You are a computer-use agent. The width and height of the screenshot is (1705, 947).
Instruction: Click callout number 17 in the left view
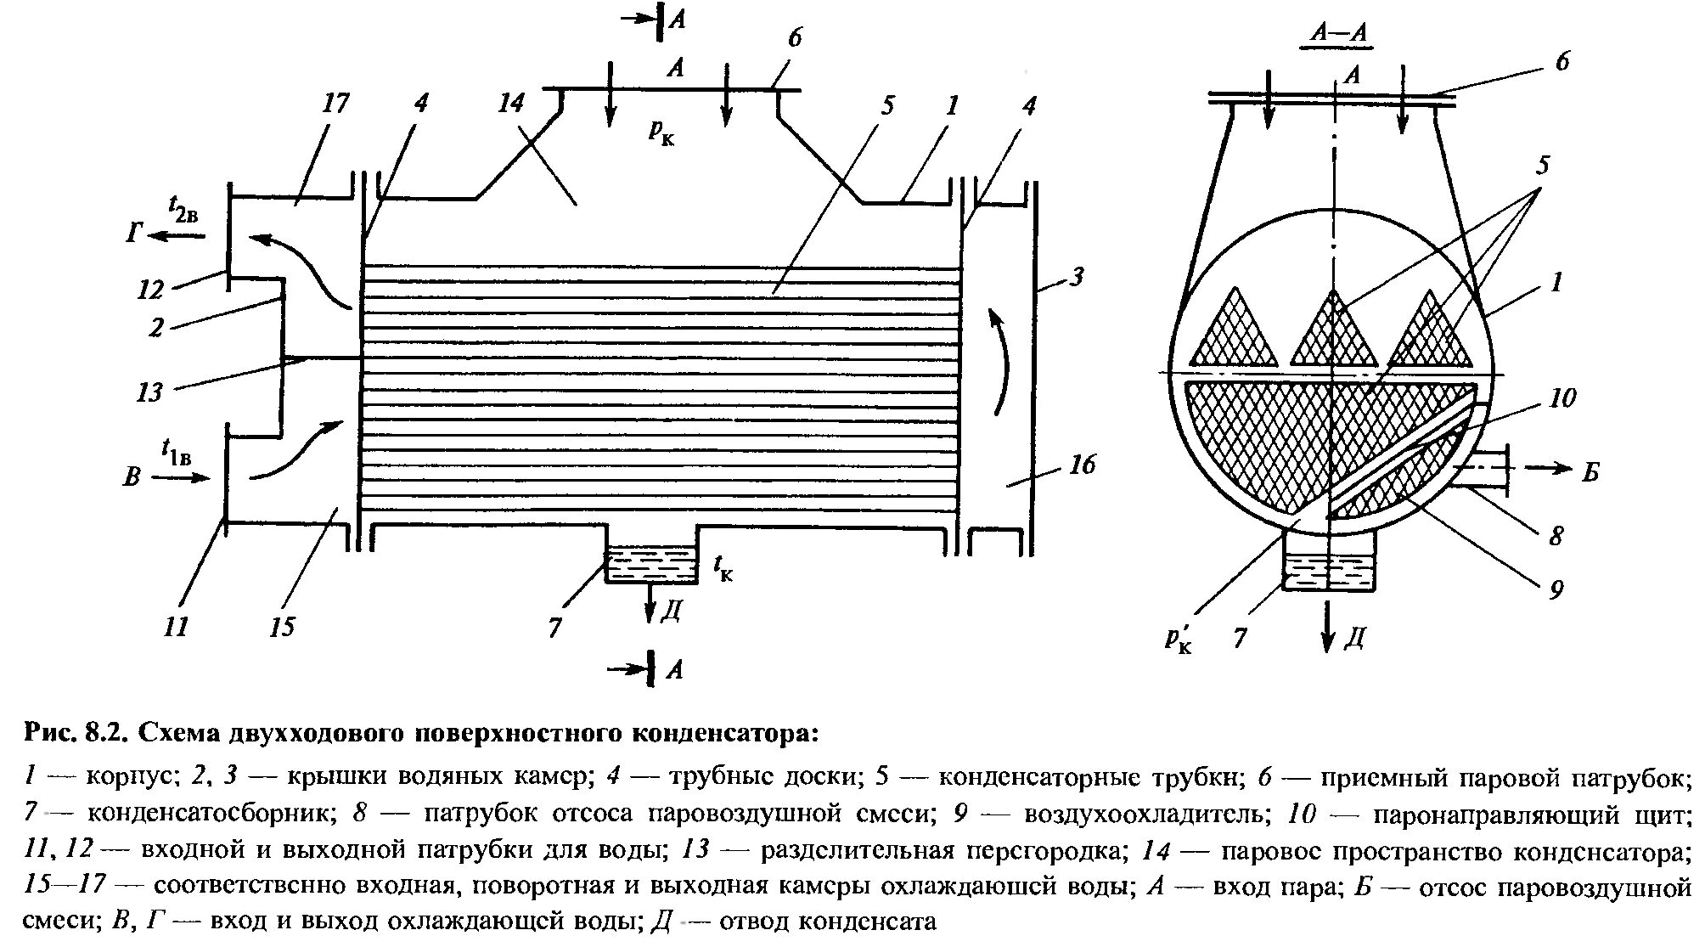(336, 104)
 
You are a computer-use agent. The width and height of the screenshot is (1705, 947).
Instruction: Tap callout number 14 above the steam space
(511, 104)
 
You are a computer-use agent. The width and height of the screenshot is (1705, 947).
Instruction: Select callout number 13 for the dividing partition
(149, 392)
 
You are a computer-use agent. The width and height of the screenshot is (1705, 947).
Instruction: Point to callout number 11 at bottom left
(175, 628)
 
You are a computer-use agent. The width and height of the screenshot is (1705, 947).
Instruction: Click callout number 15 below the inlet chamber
(282, 628)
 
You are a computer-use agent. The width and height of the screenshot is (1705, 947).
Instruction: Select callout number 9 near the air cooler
(1556, 589)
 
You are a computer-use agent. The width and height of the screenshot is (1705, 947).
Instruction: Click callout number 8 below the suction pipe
(1556, 535)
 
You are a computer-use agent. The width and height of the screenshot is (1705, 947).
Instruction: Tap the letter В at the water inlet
(132, 476)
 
